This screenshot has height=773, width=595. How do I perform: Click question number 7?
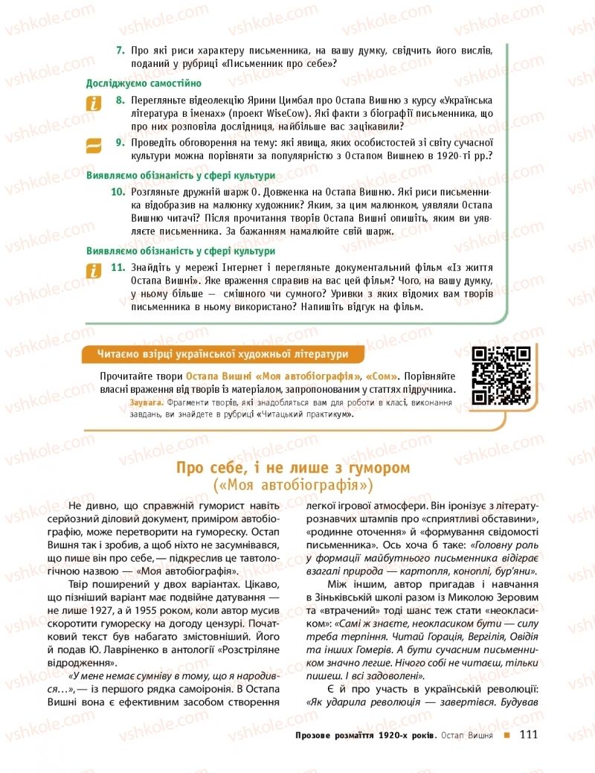point(119,50)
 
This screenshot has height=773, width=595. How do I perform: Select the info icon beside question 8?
point(94,104)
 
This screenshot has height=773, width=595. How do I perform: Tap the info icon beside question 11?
point(94,272)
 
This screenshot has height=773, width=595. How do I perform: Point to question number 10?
point(117,192)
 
